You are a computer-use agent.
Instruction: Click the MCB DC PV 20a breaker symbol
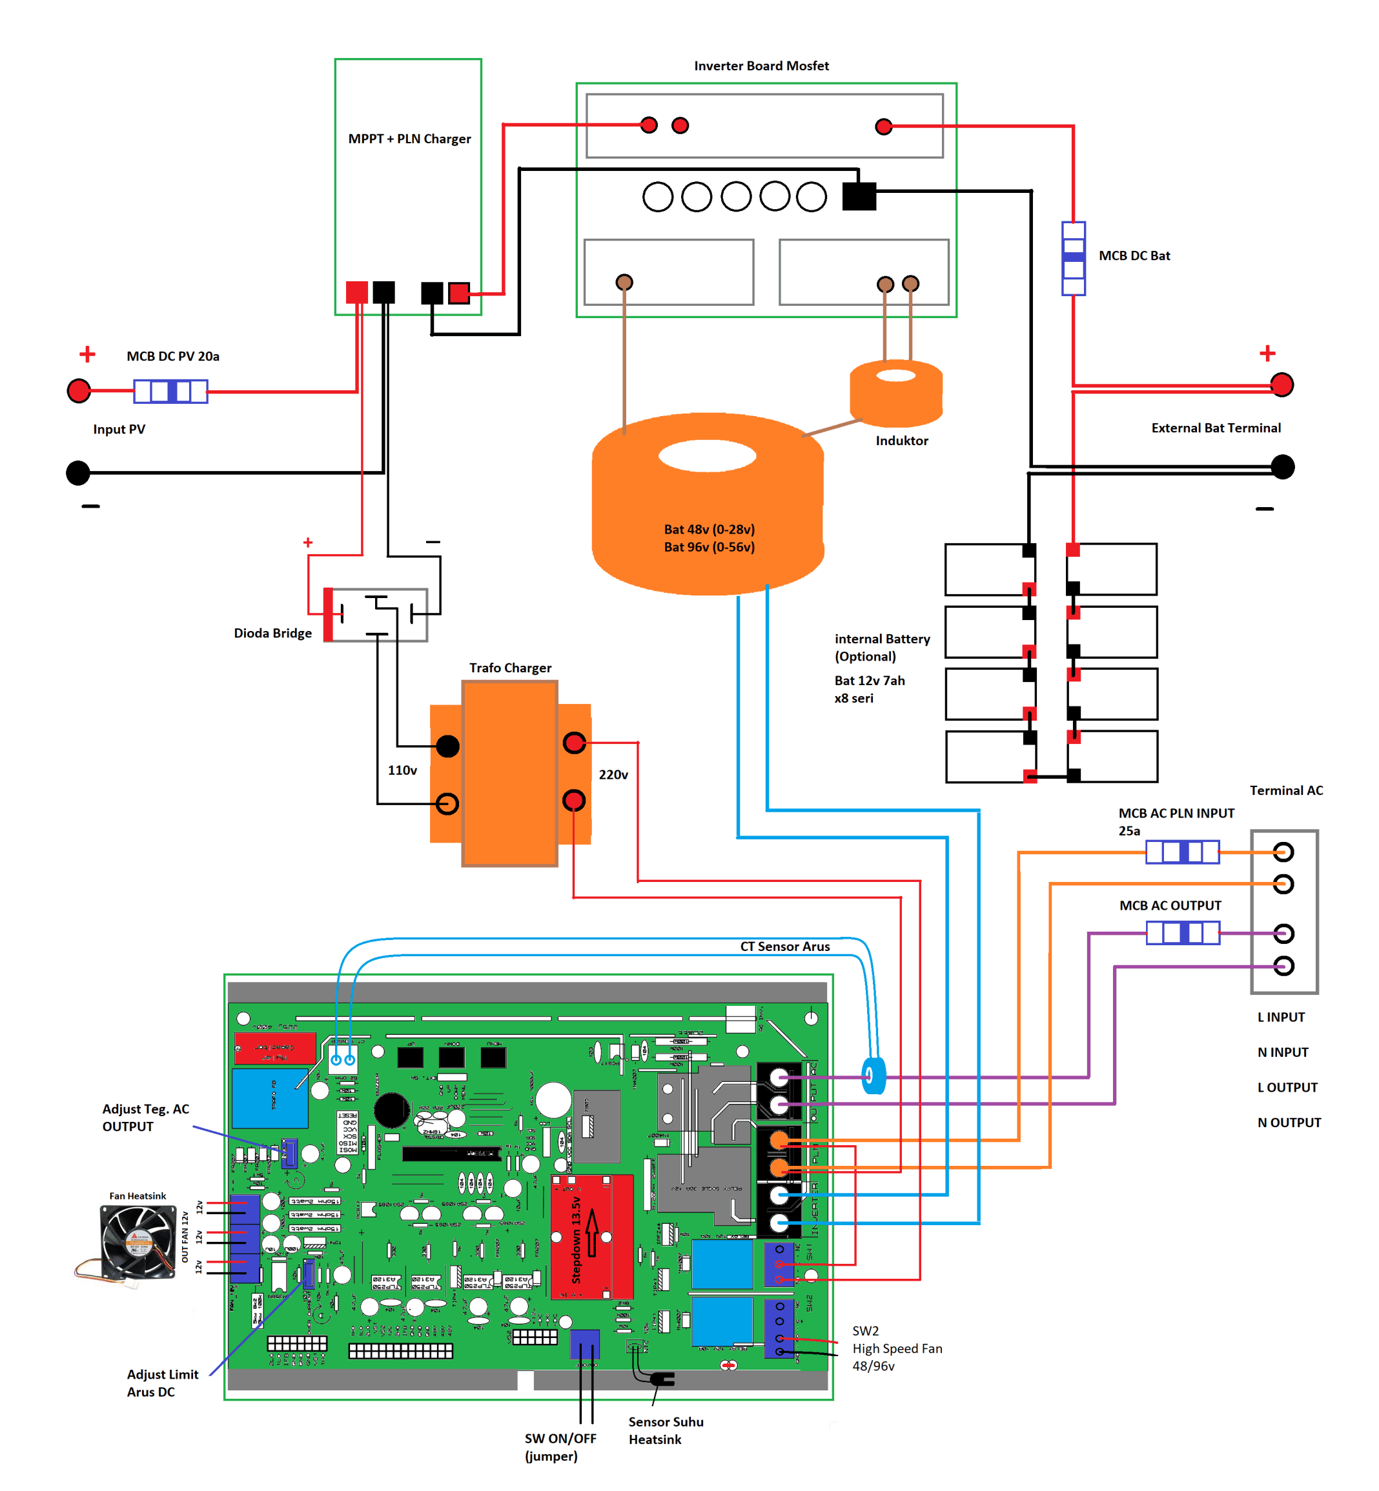[x=170, y=391]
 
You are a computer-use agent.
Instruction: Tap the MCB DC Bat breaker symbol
[x=1073, y=258]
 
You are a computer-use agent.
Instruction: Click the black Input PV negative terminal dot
[x=77, y=472]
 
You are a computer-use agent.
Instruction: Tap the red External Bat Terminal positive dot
[x=1282, y=385]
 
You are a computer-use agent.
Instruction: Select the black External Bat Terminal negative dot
[x=1282, y=467]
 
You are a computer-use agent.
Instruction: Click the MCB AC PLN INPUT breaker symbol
[x=1182, y=851]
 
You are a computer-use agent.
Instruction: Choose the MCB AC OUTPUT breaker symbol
[x=1182, y=932]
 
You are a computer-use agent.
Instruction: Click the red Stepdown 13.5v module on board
[x=592, y=1236]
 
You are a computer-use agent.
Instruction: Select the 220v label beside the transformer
[x=613, y=774]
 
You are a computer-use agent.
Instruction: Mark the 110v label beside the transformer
[x=402, y=770]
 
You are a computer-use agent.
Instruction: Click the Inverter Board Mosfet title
[x=761, y=66]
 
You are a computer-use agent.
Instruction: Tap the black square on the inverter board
[x=858, y=196]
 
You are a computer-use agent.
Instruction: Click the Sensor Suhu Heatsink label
[x=665, y=1430]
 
